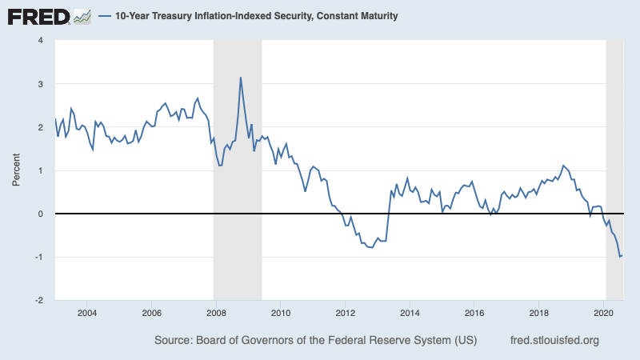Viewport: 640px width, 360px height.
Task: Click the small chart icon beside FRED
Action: pyautogui.click(x=82, y=15)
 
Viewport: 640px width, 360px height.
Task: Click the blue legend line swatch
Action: pyautogui.click(x=106, y=16)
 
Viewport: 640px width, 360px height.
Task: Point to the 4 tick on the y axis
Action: pyautogui.click(x=41, y=41)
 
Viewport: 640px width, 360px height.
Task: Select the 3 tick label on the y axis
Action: pyautogui.click(x=41, y=84)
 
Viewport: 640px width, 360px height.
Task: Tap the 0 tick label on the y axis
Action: pyautogui.click(x=41, y=214)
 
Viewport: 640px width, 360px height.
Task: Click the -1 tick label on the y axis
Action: pyautogui.click(x=39, y=257)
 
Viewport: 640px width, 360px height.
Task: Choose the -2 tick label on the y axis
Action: pyautogui.click(x=39, y=300)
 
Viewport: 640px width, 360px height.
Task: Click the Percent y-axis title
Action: pyautogui.click(x=16, y=170)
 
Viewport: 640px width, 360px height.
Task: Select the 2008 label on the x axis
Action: pyautogui.click(x=216, y=313)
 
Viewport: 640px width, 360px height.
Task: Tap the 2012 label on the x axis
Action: pyautogui.click(x=345, y=313)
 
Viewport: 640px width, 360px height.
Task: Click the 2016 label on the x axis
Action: pyautogui.click(x=474, y=313)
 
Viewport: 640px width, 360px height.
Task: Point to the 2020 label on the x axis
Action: pyautogui.click(x=604, y=313)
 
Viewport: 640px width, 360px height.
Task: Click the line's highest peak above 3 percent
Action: pyautogui.click(x=241, y=78)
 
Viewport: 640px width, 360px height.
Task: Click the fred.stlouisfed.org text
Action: pyautogui.click(x=554, y=341)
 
